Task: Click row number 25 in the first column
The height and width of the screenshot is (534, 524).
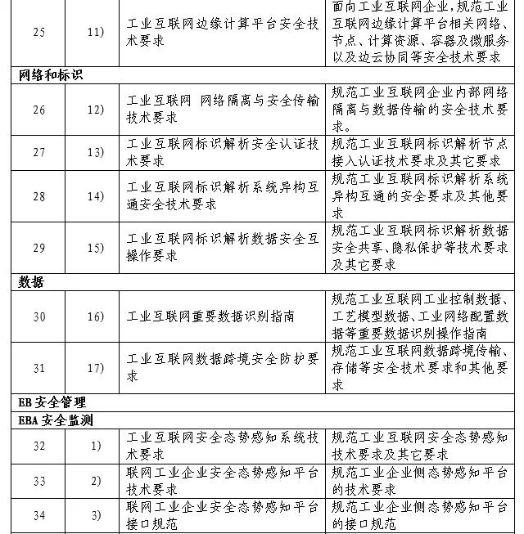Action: [x=39, y=32]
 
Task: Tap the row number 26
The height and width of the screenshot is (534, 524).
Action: [x=39, y=110]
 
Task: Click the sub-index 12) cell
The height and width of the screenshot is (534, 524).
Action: [x=96, y=110]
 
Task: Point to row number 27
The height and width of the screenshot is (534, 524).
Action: [x=39, y=153]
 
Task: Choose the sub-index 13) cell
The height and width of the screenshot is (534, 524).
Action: [x=96, y=153]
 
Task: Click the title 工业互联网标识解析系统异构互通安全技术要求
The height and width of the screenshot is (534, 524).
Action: [x=223, y=197]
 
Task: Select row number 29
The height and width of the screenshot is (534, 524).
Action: [x=39, y=248]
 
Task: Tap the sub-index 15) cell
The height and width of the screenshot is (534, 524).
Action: [x=96, y=248]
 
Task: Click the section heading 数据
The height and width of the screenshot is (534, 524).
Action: [x=31, y=282]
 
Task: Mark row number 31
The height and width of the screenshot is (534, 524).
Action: [x=39, y=368]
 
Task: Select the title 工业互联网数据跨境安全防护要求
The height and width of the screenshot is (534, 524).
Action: [x=223, y=368]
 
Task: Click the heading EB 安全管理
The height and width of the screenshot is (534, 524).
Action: [x=52, y=402]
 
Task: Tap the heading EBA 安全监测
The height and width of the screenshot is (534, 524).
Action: [x=56, y=420]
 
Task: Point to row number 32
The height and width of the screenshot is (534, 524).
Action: [x=39, y=446]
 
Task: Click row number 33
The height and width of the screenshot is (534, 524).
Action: [x=39, y=482]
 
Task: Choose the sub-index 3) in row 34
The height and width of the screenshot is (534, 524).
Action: [x=96, y=515]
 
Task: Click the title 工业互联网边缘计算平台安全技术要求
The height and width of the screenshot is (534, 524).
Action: [x=223, y=32]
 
